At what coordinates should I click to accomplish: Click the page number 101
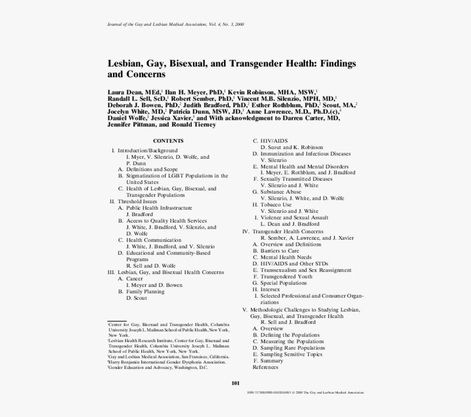click(235, 383)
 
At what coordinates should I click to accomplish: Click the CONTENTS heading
click(168, 141)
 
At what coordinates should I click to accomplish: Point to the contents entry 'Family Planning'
click(145, 292)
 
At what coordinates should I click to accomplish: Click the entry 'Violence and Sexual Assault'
click(294, 217)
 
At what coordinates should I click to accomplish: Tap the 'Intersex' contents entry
click(270, 289)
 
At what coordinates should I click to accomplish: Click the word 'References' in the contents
click(265, 367)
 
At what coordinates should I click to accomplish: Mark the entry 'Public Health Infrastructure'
click(159, 208)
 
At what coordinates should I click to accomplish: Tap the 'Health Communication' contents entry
click(153, 240)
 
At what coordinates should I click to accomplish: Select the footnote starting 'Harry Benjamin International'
click(167, 362)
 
